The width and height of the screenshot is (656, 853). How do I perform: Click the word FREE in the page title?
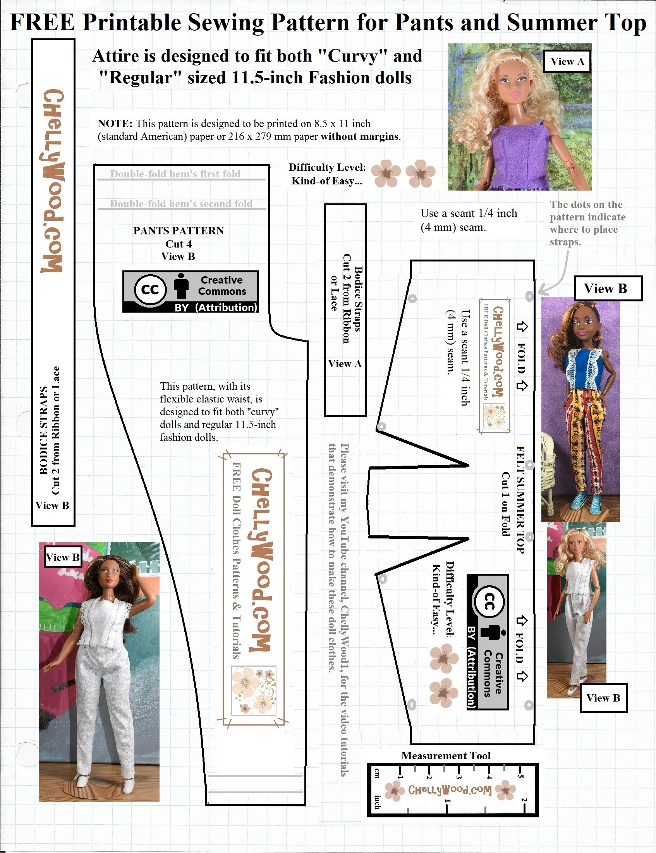tap(42, 22)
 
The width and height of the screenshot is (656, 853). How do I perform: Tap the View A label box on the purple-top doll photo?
tap(567, 61)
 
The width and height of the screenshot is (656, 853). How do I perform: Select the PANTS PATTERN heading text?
tap(179, 230)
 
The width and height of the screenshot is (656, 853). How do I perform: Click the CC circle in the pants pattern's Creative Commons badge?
tap(150, 290)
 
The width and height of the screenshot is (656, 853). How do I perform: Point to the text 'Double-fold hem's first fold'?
tap(175, 174)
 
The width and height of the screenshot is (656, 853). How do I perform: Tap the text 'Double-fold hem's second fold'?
tap(181, 203)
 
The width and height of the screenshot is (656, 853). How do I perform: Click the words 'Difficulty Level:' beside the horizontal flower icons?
tap(326, 167)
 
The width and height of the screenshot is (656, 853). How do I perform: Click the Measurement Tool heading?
tap(446, 755)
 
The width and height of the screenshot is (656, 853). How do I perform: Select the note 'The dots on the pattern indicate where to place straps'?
tap(587, 223)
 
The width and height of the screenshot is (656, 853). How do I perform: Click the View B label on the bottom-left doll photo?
tap(62, 557)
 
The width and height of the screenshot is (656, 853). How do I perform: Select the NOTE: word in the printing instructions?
tap(115, 124)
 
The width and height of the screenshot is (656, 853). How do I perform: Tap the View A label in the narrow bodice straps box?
tap(345, 364)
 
